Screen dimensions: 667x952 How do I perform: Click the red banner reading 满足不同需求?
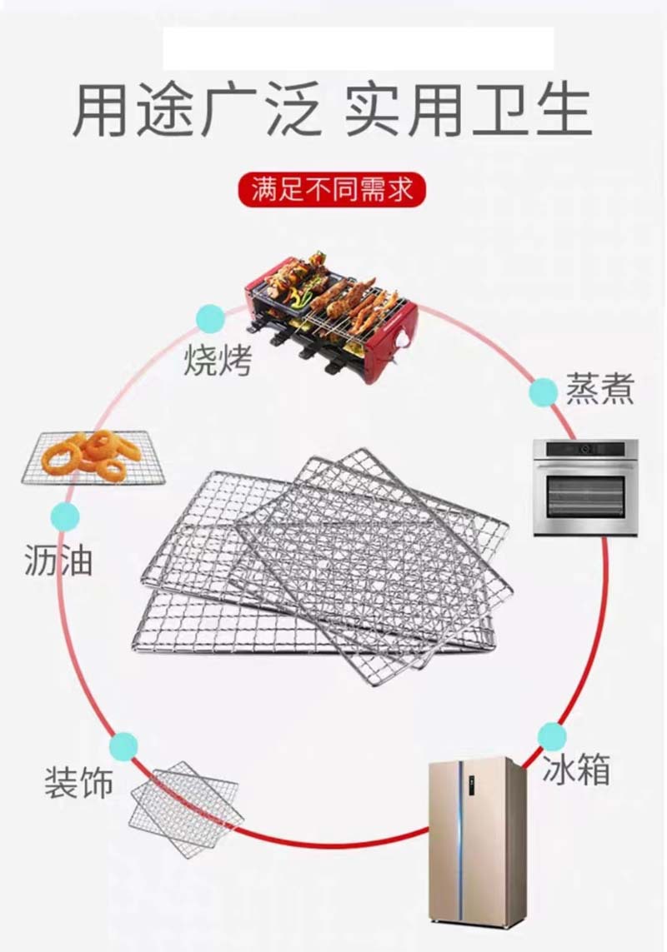332,189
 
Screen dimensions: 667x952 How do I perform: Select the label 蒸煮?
600,389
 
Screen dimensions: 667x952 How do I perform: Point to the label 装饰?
79,783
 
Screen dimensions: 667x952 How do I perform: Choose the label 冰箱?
576,770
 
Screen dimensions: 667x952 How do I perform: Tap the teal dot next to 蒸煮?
544,391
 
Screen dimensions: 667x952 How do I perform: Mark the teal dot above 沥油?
65,517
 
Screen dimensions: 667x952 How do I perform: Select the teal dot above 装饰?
123,745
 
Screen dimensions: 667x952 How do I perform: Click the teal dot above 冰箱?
552,736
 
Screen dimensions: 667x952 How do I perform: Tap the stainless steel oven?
585,487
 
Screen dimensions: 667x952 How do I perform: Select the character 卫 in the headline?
492,109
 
